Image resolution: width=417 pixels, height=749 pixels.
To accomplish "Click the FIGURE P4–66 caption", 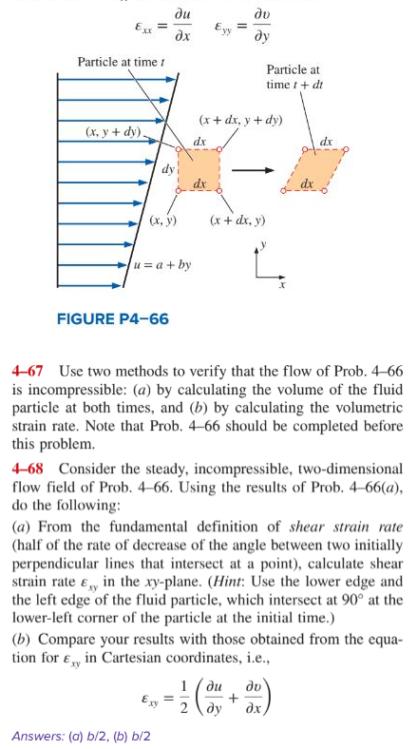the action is (111, 319).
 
